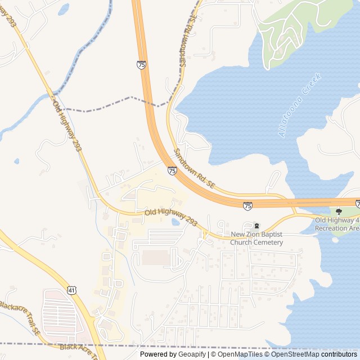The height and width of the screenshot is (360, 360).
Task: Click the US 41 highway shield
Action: click(x=71, y=290)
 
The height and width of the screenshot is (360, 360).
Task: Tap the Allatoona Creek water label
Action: click(x=299, y=106)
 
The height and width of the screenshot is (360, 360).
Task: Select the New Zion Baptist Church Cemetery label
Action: click(x=257, y=238)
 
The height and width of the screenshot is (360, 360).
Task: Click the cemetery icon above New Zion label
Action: click(x=256, y=226)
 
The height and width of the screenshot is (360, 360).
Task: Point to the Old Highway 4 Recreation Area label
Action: click(x=336, y=224)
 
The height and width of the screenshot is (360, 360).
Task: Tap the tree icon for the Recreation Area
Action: click(x=339, y=211)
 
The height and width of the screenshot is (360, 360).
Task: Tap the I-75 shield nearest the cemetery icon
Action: click(x=247, y=206)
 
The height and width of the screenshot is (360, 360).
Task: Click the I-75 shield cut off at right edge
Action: click(x=357, y=201)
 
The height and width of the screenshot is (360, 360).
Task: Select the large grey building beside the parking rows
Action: click(x=154, y=258)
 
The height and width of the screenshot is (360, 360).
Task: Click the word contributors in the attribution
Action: click(x=339, y=354)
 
